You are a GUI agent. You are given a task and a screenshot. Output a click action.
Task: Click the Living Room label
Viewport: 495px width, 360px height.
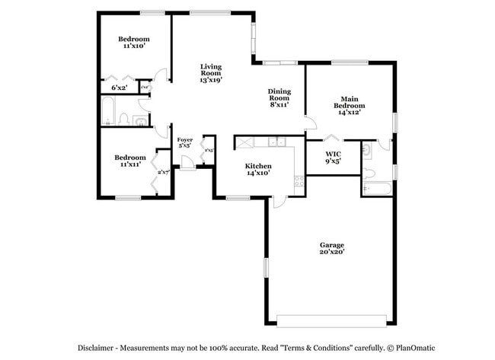pos(211,72)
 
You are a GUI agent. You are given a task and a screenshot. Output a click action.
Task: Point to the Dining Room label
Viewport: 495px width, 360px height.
pos(279,97)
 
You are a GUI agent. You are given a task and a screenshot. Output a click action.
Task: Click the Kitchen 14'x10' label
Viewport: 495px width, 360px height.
pos(258,170)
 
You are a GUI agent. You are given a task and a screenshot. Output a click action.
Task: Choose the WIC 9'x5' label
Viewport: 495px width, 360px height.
pos(333,157)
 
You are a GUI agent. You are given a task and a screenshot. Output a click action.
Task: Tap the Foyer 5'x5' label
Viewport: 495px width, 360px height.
pos(184,144)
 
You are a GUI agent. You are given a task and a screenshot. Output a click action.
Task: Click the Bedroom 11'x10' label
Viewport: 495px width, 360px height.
pos(133,42)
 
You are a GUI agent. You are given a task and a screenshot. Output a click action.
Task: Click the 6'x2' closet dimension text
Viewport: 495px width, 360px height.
pos(119,88)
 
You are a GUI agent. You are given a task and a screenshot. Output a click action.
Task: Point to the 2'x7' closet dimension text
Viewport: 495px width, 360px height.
pos(162,173)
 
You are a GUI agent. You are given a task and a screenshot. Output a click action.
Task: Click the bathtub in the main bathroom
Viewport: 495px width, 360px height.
pos(377,187)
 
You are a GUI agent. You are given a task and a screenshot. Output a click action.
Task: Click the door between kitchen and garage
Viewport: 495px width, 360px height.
pos(280,202)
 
